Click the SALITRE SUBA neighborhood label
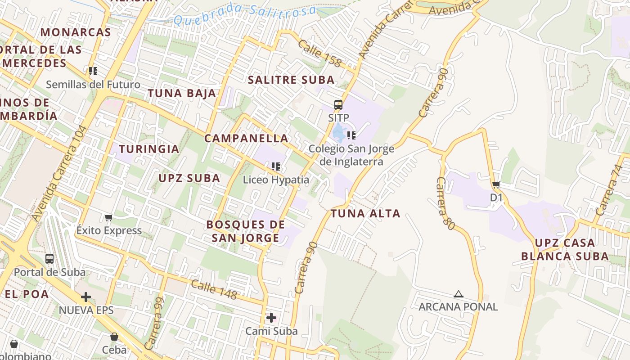pyautogui.click(x=292, y=80)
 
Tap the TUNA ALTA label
pyautogui.click(x=365, y=213)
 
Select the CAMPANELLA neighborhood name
pyautogui.click(x=246, y=138)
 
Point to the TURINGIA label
pyautogui.click(x=149, y=149)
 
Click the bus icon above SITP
pyautogui.click(x=338, y=105)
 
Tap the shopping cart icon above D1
pyautogui.click(x=496, y=184)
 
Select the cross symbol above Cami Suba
pyautogui.click(x=271, y=318)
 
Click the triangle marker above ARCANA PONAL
pyautogui.click(x=458, y=294)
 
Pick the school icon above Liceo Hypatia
pyautogui.click(x=276, y=166)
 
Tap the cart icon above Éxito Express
pyautogui.click(x=108, y=218)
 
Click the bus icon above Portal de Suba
pyautogui.click(x=49, y=259)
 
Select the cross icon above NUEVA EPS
pyautogui.click(x=85, y=297)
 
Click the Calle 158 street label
pyautogui.click(x=319, y=54)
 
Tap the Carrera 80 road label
pyautogui.click(x=445, y=203)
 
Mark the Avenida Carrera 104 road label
pyautogui.click(x=59, y=173)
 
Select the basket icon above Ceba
pyautogui.click(x=114, y=337)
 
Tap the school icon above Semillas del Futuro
pyautogui.click(x=93, y=71)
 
